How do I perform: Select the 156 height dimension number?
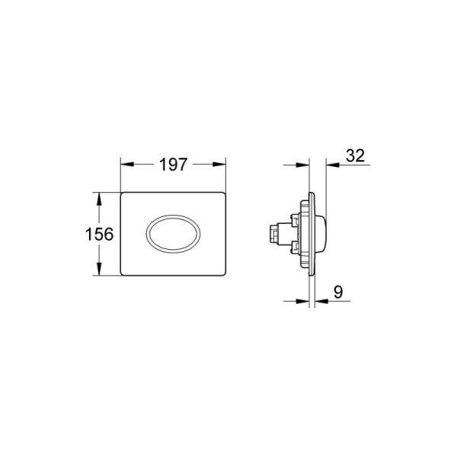[100, 234]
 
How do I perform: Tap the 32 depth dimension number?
[355, 155]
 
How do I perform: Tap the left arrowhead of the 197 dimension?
[126, 165]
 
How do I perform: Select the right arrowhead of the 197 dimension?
[222, 165]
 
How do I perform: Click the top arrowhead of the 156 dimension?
[97, 197]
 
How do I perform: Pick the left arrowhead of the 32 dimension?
[304, 165]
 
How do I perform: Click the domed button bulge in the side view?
[323, 232]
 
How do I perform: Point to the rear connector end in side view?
[271, 232]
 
